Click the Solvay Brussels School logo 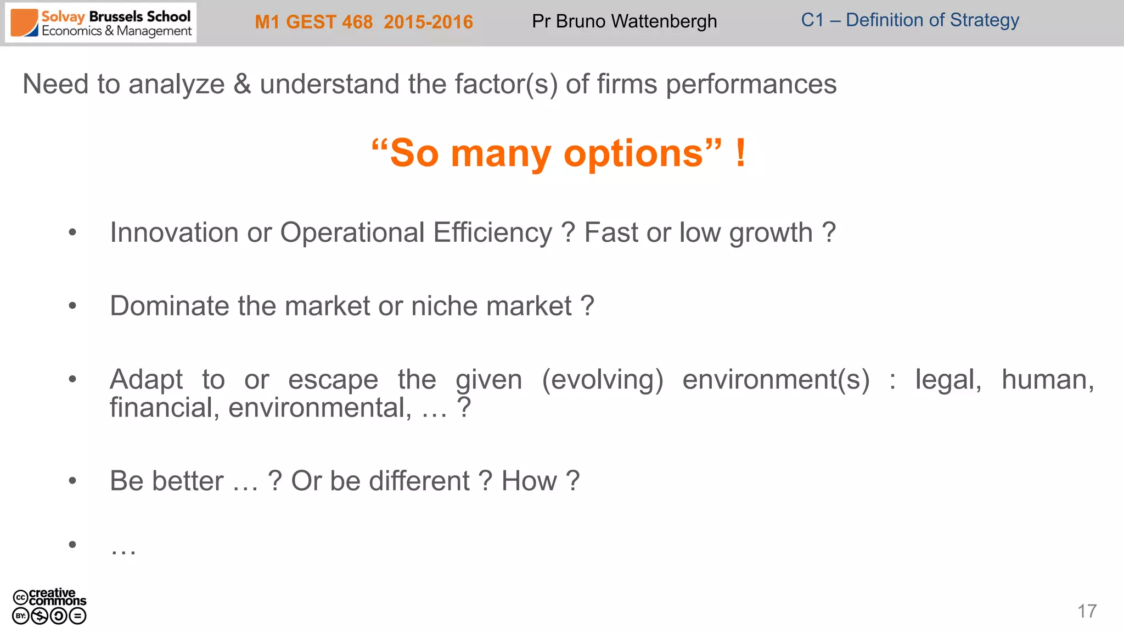pyautogui.click(x=101, y=23)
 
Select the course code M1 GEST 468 pyautogui.click(x=313, y=22)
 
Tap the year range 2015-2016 pyautogui.click(x=428, y=22)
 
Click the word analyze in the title pyautogui.click(x=176, y=85)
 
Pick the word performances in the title pyautogui.click(x=751, y=85)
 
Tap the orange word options pyautogui.click(x=633, y=153)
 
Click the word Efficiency pyautogui.click(x=492, y=232)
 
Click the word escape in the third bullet pyautogui.click(x=333, y=380)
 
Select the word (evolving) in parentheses pyautogui.click(x=602, y=380)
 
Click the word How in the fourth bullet pyautogui.click(x=529, y=481)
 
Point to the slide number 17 pyautogui.click(x=1087, y=611)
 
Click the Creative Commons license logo pyautogui.click(x=49, y=606)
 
